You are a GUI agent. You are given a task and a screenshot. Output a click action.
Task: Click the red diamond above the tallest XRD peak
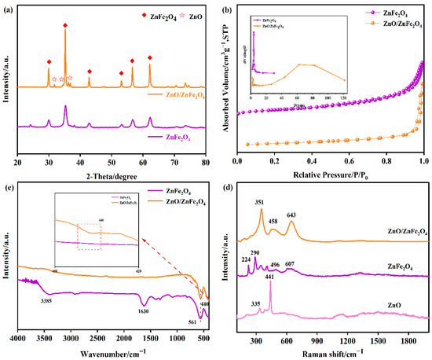[65, 26]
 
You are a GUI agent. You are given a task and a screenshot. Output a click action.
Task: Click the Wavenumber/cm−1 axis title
[115, 351]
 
